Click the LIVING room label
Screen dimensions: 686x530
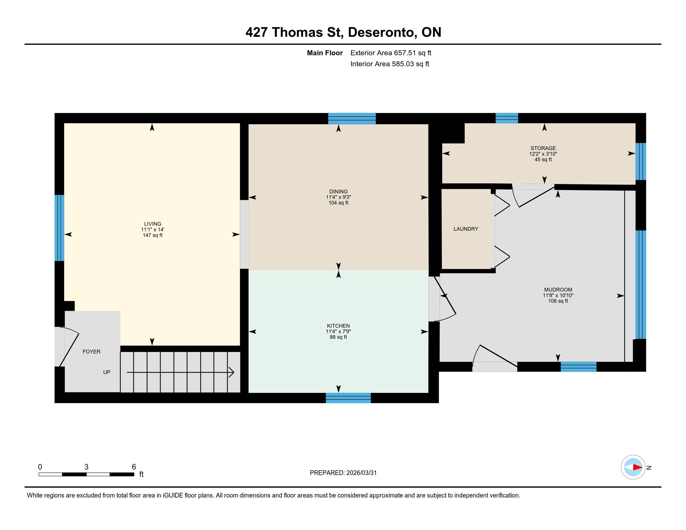[153, 224]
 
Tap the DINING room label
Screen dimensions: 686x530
[338, 191]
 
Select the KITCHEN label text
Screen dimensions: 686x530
[338, 326]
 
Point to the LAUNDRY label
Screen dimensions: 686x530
[466, 229]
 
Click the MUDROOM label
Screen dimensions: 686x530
[558, 290]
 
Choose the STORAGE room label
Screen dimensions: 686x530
[543, 148]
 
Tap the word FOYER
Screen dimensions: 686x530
[91, 352]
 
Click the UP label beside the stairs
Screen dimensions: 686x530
[107, 372]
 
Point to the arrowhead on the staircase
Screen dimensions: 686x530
[231, 372]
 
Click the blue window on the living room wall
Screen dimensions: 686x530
[59, 228]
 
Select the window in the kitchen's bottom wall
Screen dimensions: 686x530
[348, 398]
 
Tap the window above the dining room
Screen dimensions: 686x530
[352, 118]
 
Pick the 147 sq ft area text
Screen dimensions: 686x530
[153, 235]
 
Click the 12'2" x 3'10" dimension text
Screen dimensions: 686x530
[543, 154]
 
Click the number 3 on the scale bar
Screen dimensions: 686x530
[86, 467]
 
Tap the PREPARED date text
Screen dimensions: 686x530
[343, 473]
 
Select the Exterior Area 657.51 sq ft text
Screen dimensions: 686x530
[391, 53]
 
